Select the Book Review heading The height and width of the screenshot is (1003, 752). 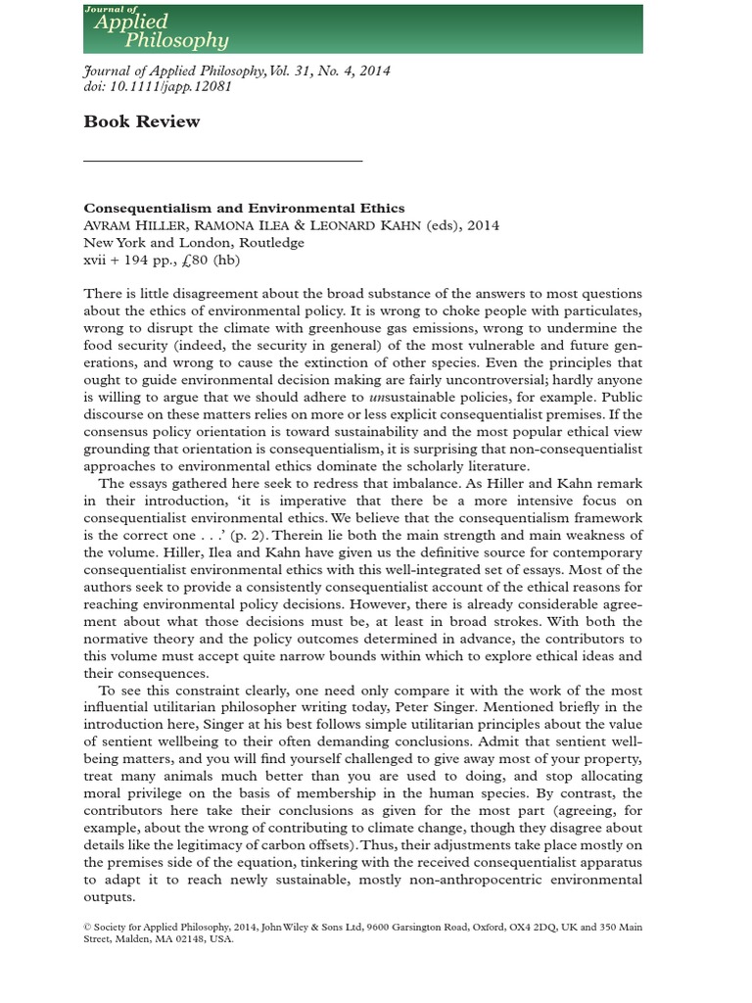[x=141, y=121]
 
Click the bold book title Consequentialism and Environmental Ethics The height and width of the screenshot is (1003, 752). [x=244, y=208]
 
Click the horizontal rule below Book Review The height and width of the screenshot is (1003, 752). [x=223, y=160]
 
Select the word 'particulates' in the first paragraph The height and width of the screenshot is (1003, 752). [x=604, y=310]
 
